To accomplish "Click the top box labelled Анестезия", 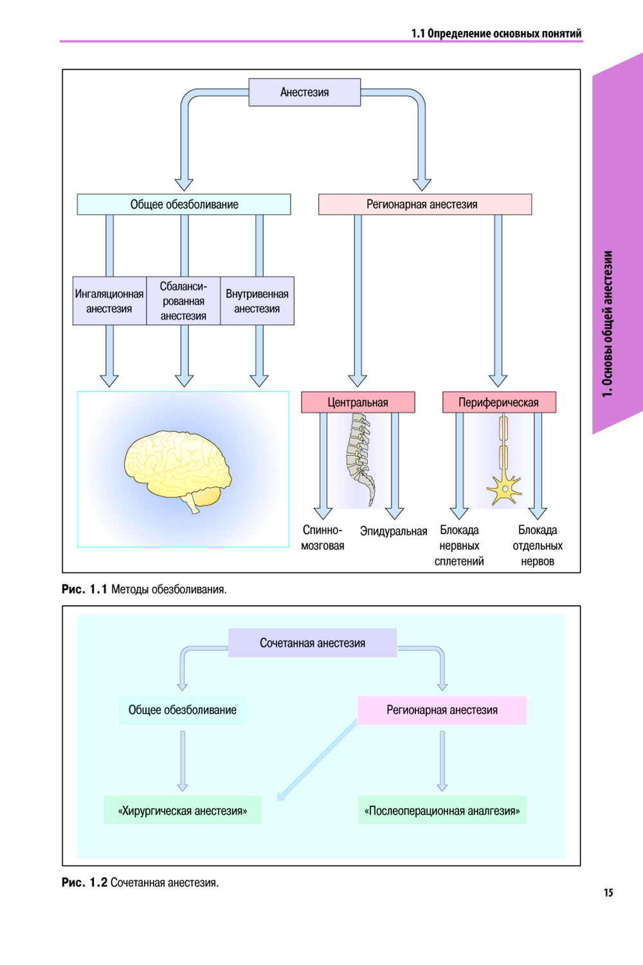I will click(304, 93).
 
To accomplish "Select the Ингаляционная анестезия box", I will click(109, 301).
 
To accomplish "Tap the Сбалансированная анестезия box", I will click(183, 301).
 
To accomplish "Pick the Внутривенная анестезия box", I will click(257, 301).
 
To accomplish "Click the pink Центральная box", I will click(358, 402).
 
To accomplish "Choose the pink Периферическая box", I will click(498, 402).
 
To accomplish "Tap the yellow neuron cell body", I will click(505, 490).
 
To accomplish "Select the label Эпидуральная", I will click(394, 531).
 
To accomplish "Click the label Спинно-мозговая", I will click(323, 538).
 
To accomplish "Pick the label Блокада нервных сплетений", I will click(459, 546).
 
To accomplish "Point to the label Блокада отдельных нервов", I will click(538, 546).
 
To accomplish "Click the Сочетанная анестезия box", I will click(312, 643).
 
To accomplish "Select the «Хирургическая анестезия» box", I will click(183, 811).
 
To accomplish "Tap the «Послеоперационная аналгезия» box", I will click(442, 811).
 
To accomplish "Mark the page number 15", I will click(608, 892).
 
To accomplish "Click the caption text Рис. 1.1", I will click(84, 590).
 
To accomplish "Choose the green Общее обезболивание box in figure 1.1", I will click(184, 204).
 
